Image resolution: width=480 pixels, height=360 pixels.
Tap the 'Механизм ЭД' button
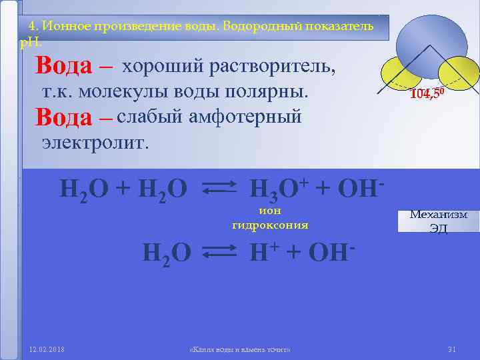coord(438,221)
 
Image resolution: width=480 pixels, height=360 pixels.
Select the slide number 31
coord(451,349)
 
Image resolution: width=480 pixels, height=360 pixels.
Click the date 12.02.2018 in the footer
coord(47,349)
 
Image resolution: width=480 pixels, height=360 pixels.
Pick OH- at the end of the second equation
coord(327,252)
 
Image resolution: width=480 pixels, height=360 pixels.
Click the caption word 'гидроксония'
coord(270,225)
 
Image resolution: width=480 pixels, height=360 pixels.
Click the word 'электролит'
coord(95,141)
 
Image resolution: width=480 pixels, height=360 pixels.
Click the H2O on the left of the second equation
coord(167,253)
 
